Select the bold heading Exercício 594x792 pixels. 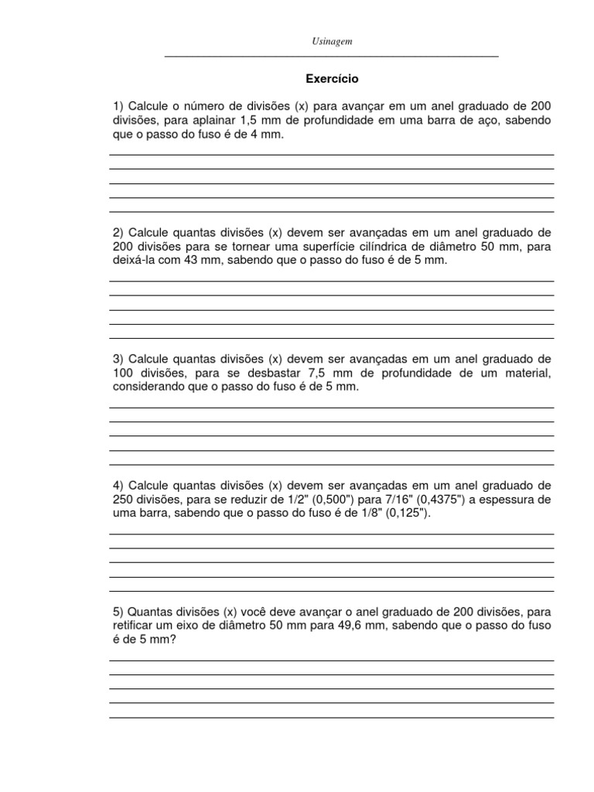pos(332,79)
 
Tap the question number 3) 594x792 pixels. pos(118,360)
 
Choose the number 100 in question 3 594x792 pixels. pos(122,374)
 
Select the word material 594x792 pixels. pos(527,374)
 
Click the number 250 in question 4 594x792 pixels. pos(122,500)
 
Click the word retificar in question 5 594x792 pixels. pos(132,626)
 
